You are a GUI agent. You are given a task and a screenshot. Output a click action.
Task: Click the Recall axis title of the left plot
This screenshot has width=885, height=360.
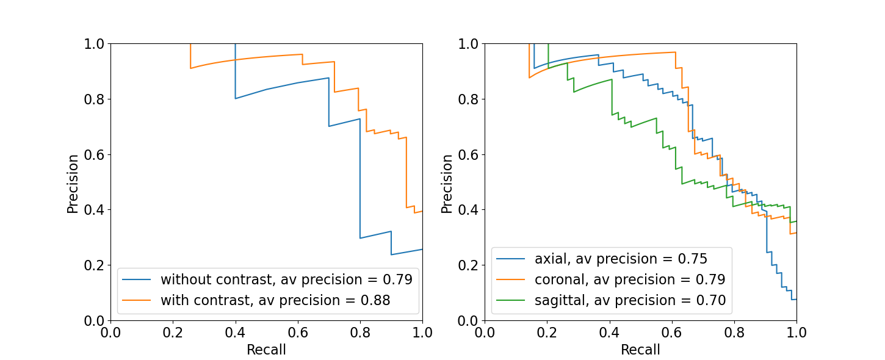(266, 350)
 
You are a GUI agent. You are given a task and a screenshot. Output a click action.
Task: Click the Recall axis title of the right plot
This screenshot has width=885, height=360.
(640, 350)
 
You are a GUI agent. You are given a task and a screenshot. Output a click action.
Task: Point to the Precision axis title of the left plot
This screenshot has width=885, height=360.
(73, 183)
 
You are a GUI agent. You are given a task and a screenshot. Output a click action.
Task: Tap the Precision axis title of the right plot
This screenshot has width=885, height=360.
(447, 183)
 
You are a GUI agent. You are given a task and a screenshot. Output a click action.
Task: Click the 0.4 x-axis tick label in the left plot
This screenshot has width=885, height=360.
(235, 333)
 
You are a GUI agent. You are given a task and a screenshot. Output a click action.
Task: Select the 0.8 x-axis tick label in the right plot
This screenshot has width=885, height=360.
(734, 333)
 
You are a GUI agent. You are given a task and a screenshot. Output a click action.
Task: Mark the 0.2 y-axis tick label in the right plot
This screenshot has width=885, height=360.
(468, 265)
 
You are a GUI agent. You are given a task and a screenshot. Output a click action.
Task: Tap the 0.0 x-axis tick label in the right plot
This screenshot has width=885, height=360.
(485, 333)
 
